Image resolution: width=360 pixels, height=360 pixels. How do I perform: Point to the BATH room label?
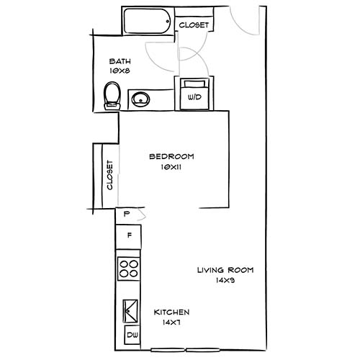point(120,61)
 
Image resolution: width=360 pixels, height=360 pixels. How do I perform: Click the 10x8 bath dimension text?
point(120,71)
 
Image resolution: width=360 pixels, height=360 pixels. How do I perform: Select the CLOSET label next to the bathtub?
point(194,24)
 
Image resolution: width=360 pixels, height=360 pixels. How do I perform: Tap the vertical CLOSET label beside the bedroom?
point(110,174)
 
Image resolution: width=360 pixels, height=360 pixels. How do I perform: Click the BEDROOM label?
point(171,157)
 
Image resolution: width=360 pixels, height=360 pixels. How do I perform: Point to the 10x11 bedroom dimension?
point(171,167)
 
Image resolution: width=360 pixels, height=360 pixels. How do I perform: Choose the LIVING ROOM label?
point(227,271)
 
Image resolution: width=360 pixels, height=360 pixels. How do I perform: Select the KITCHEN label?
point(171,312)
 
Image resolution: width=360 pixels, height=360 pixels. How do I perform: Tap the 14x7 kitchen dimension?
point(171,323)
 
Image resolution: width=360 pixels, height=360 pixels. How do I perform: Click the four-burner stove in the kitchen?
point(129,269)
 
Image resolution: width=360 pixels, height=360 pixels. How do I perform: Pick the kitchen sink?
point(130,310)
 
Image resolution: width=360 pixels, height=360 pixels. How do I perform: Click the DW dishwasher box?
point(132,335)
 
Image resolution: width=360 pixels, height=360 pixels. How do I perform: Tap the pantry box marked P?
point(126,215)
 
